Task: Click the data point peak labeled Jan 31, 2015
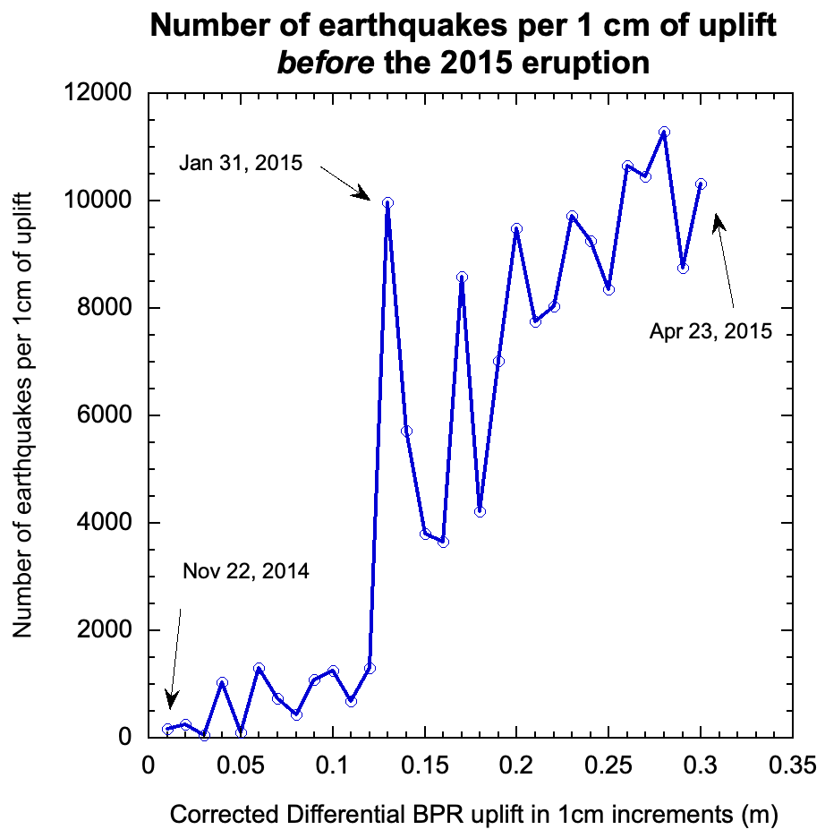point(387,202)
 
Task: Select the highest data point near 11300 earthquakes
point(664,132)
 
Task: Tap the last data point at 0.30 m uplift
point(701,184)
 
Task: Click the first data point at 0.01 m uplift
point(167,729)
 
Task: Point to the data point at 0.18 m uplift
point(481,511)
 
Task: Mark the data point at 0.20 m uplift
point(516,228)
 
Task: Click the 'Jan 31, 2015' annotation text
point(241,164)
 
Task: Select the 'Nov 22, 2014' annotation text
point(246,571)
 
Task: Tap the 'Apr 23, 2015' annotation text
point(710,332)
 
